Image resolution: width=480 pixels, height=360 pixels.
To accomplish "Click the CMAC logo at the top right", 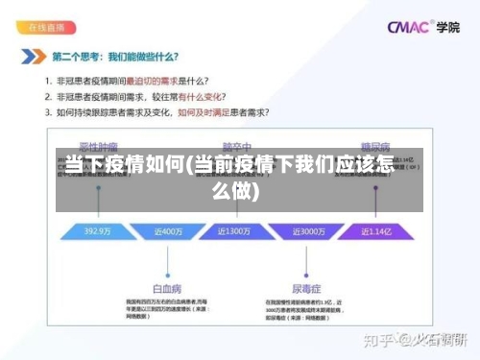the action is point(408,27).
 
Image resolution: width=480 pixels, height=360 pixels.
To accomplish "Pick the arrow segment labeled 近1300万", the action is point(236,231).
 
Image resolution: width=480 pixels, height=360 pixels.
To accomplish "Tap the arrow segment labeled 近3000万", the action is point(305,231).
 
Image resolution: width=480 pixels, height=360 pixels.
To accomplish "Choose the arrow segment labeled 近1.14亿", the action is point(376,231).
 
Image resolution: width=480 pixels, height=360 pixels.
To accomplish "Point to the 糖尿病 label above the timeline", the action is point(375,147).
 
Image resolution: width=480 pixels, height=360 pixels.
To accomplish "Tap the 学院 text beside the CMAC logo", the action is point(447,27).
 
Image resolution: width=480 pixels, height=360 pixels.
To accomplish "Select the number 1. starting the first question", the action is point(47,81).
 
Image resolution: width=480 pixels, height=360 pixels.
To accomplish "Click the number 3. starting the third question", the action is point(47,112).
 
